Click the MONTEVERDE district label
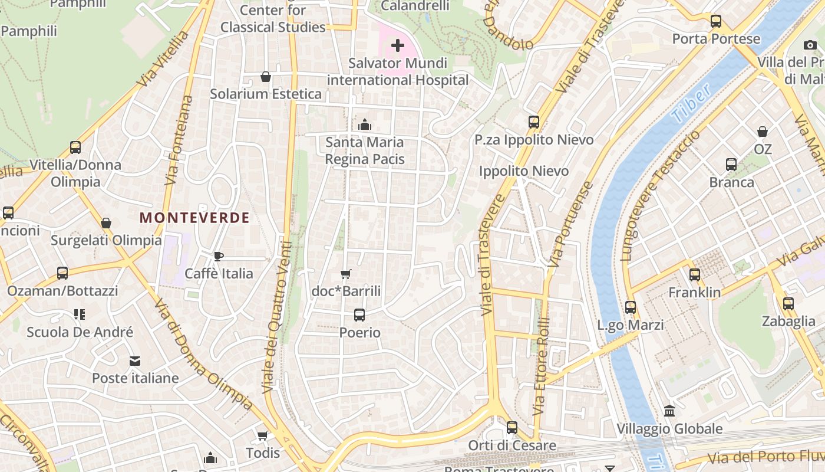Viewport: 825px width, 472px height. pyautogui.click(x=194, y=218)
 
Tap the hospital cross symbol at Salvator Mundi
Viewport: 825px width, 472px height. pyautogui.click(x=398, y=45)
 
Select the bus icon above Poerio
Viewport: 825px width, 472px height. pyautogui.click(x=359, y=315)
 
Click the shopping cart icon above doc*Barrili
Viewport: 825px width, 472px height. pyautogui.click(x=346, y=274)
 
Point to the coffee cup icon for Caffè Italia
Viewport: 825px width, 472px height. pyautogui.click(x=219, y=256)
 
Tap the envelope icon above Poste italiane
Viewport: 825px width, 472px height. pyautogui.click(x=135, y=360)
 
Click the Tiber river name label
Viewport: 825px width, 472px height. pyautogui.click(x=691, y=104)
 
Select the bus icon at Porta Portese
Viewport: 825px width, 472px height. pyautogui.click(x=716, y=21)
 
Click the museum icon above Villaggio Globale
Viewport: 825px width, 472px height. pyautogui.click(x=669, y=411)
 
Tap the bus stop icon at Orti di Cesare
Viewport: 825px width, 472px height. pyautogui.click(x=512, y=428)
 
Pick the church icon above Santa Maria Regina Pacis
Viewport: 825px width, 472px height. pyautogui.click(x=365, y=124)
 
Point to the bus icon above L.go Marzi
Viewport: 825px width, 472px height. pyautogui.click(x=631, y=307)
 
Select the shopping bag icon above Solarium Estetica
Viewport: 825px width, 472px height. pyautogui.click(x=266, y=77)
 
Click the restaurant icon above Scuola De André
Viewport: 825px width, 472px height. pyautogui.click(x=80, y=314)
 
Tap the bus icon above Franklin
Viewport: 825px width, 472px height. pyautogui.click(x=695, y=275)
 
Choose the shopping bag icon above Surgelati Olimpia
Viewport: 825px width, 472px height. pyautogui.click(x=106, y=223)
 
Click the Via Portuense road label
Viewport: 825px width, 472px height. pyautogui.click(x=570, y=224)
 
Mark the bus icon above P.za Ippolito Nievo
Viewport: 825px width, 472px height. pyautogui.click(x=534, y=122)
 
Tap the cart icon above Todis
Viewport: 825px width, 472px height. pyautogui.click(x=263, y=435)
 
